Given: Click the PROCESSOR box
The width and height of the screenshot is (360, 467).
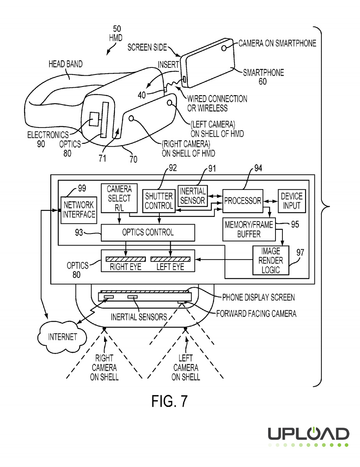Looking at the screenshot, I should [242, 201].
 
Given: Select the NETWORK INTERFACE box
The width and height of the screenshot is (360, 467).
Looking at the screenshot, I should [79, 209].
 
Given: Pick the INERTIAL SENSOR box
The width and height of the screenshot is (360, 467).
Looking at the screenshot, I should [192, 196].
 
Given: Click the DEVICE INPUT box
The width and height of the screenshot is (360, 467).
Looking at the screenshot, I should [291, 201].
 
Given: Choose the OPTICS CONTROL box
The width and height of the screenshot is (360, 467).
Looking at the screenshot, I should [148, 233].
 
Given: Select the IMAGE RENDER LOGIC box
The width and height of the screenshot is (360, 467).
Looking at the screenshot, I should [271, 260].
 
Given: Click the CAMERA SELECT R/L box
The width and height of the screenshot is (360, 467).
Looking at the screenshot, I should [119, 198].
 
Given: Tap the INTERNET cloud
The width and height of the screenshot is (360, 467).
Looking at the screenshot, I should [62, 336].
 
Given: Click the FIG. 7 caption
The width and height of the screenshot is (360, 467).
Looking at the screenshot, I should [169, 401].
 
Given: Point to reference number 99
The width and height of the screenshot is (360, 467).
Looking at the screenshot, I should [81, 189].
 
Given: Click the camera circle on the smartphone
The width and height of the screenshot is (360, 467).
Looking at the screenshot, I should [224, 48].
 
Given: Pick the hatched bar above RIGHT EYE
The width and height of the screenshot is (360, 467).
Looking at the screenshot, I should [125, 259].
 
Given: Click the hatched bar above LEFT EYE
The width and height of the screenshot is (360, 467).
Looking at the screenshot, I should [170, 259].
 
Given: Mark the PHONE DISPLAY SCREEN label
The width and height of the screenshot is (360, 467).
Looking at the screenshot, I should [258, 297].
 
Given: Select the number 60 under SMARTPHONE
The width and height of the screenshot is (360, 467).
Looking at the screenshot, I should [263, 81].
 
